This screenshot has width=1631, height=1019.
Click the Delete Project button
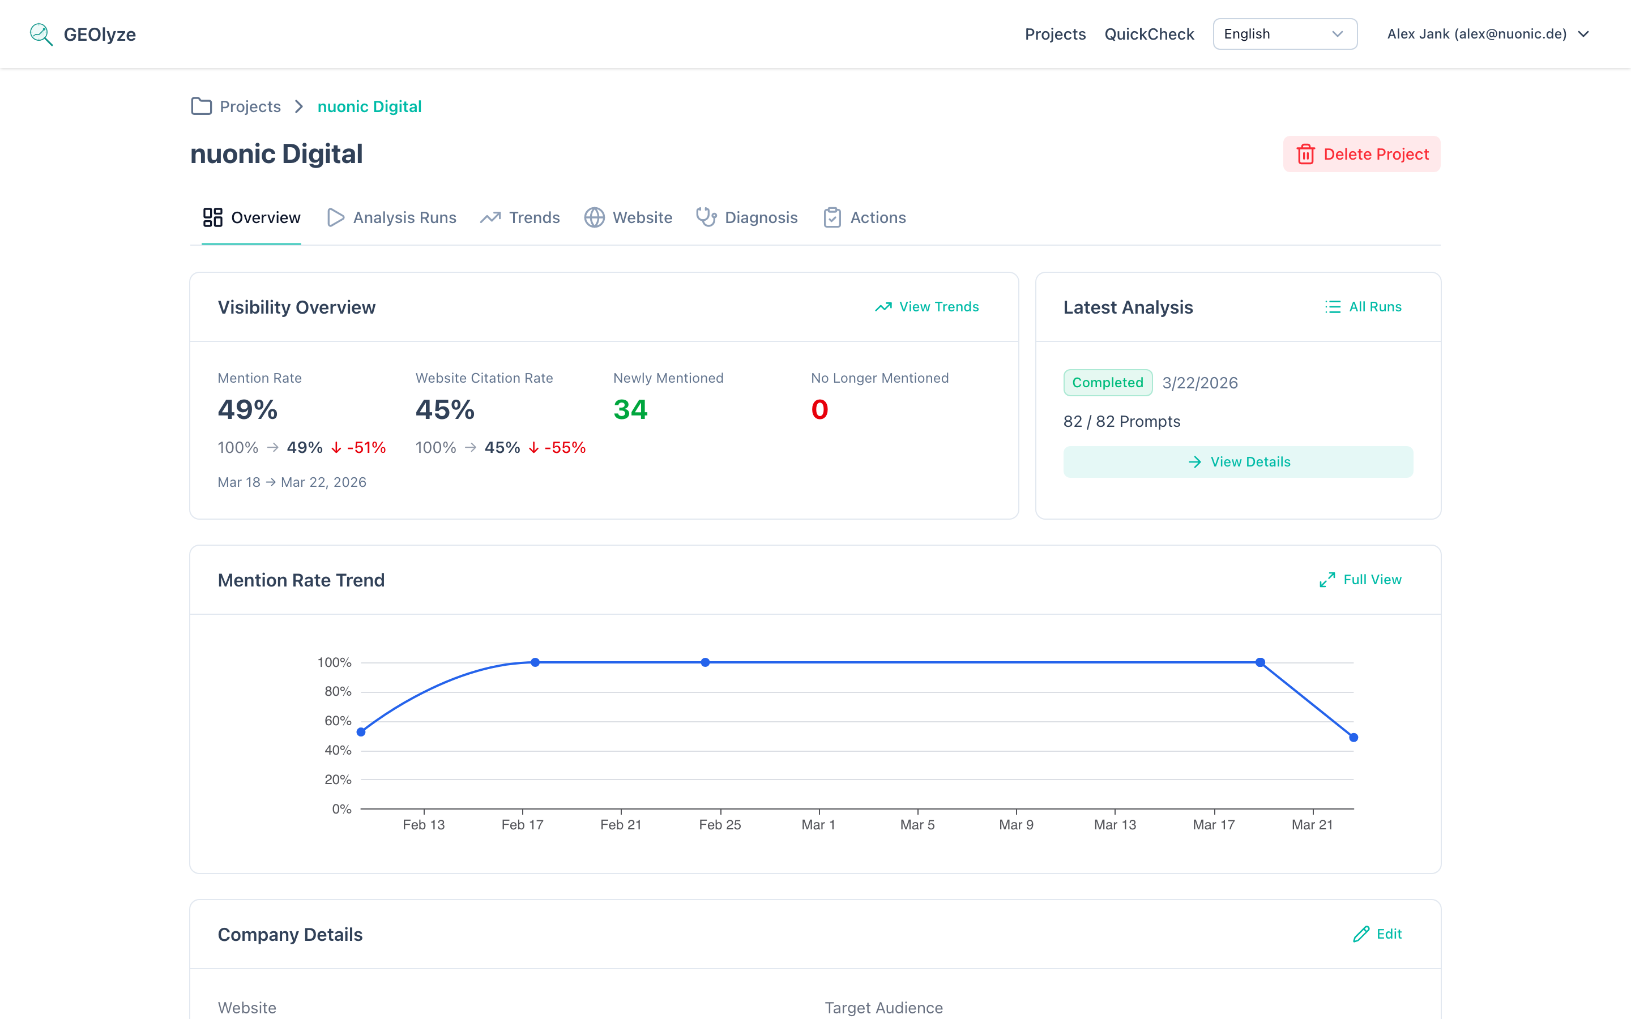(x=1361, y=155)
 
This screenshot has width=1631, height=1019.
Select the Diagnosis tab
(x=747, y=218)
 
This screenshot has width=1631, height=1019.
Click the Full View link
(x=1360, y=580)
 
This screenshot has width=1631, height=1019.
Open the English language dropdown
(x=1284, y=34)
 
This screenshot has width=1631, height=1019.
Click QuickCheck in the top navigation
(x=1149, y=34)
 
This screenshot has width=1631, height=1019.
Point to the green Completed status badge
(x=1107, y=383)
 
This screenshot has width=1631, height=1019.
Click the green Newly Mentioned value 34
(x=630, y=410)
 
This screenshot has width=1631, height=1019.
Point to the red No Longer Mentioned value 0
(x=819, y=410)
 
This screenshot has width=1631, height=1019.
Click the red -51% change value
(x=366, y=447)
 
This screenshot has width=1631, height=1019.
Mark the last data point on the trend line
(x=1354, y=737)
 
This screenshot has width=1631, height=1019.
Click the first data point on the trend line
(x=361, y=732)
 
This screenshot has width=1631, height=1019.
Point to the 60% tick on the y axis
(x=338, y=721)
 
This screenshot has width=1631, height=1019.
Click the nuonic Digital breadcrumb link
(x=369, y=106)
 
